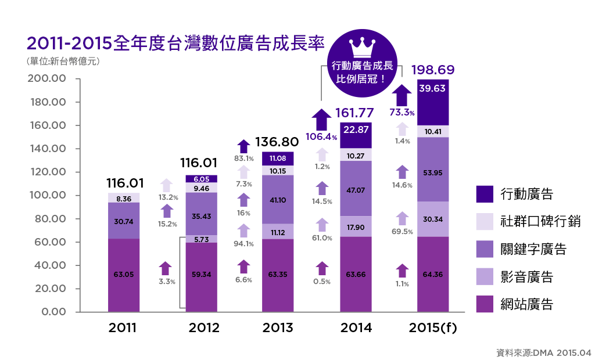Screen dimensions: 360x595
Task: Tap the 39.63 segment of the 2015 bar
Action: click(x=433, y=88)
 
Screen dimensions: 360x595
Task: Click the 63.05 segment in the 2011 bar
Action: click(x=123, y=274)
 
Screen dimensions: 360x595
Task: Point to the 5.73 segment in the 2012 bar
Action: click(x=201, y=239)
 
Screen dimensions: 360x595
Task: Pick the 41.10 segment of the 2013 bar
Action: click(x=278, y=199)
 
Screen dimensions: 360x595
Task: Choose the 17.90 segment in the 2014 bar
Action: click(x=356, y=228)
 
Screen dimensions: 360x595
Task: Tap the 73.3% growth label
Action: click(x=402, y=112)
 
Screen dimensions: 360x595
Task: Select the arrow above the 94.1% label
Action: click(x=244, y=230)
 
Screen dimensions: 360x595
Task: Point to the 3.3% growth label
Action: click(x=166, y=281)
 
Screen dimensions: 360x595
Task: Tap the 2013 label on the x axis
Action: click(x=278, y=328)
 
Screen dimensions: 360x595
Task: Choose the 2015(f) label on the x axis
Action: click(x=433, y=328)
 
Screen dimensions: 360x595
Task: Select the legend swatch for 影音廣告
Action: click(x=485, y=277)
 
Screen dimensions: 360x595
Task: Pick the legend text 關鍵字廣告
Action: click(x=533, y=250)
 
